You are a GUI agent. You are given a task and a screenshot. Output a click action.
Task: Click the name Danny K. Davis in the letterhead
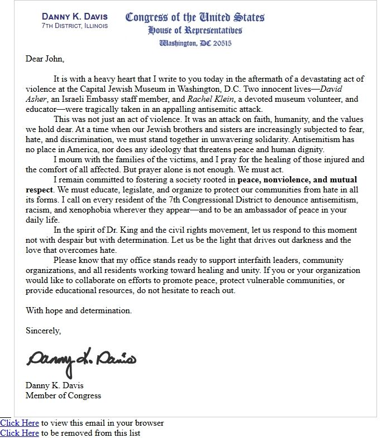coord(75,16)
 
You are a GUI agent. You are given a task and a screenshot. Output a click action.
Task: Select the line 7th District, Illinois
coord(75,26)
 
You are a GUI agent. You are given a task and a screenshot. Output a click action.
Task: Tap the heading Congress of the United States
coord(195,17)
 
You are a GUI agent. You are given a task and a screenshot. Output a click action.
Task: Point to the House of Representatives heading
coord(195,30)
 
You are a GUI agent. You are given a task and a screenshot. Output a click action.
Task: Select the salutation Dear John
coord(45,59)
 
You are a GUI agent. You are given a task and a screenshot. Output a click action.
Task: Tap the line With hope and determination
coord(79,310)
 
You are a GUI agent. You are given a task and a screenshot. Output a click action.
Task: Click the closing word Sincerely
coord(43,331)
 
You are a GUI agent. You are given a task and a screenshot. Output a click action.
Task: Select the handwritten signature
coord(82,360)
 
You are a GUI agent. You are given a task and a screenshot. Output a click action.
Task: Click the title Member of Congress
coord(63,395)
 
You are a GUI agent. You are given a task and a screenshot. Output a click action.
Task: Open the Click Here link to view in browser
coord(20,423)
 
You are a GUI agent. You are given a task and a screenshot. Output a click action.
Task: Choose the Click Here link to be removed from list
coord(20,433)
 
